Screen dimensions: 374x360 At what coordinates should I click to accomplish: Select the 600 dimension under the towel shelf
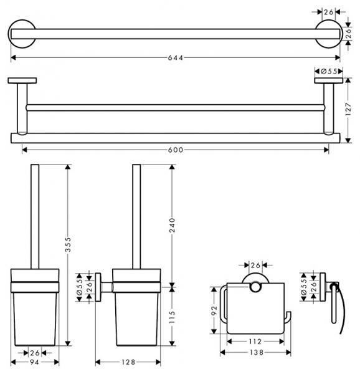coord(178,149)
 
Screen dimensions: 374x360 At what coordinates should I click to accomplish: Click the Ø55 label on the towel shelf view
coord(327,72)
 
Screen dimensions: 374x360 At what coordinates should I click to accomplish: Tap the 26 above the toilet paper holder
coord(255,266)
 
